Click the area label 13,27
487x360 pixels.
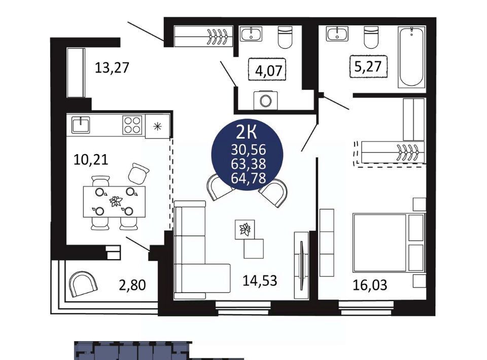[112, 67]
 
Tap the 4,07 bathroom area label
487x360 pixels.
[268, 70]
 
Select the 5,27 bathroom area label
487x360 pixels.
[368, 66]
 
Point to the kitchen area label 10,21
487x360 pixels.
[91, 160]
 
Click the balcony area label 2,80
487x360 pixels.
[132, 285]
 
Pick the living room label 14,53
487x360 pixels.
[260, 280]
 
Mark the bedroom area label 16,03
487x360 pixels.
[370, 285]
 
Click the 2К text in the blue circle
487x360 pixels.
[247, 133]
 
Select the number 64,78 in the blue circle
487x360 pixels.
[248, 178]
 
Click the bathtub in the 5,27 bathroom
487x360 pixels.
[411, 57]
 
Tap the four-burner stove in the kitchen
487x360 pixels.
[132, 125]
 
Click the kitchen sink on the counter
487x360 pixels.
[81, 125]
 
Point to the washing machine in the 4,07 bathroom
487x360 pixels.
[265, 100]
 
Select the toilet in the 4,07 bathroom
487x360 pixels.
[285, 37]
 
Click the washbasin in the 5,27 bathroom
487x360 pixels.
[337, 34]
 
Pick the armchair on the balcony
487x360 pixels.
[83, 284]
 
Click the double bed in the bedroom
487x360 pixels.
[389, 242]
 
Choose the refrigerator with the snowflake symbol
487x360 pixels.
[158, 126]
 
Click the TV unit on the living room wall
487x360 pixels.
[301, 265]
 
